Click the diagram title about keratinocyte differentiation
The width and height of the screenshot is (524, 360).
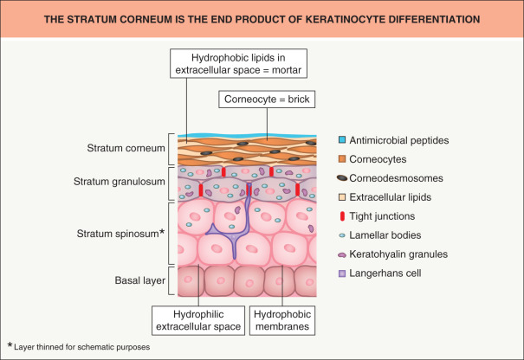pos(262,19)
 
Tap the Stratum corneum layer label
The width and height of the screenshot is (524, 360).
pos(126,149)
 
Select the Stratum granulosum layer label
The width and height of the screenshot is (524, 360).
pos(126,183)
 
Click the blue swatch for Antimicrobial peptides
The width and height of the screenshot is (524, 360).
pos(345,140)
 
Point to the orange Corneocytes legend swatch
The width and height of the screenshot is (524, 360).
pos(345,160)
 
